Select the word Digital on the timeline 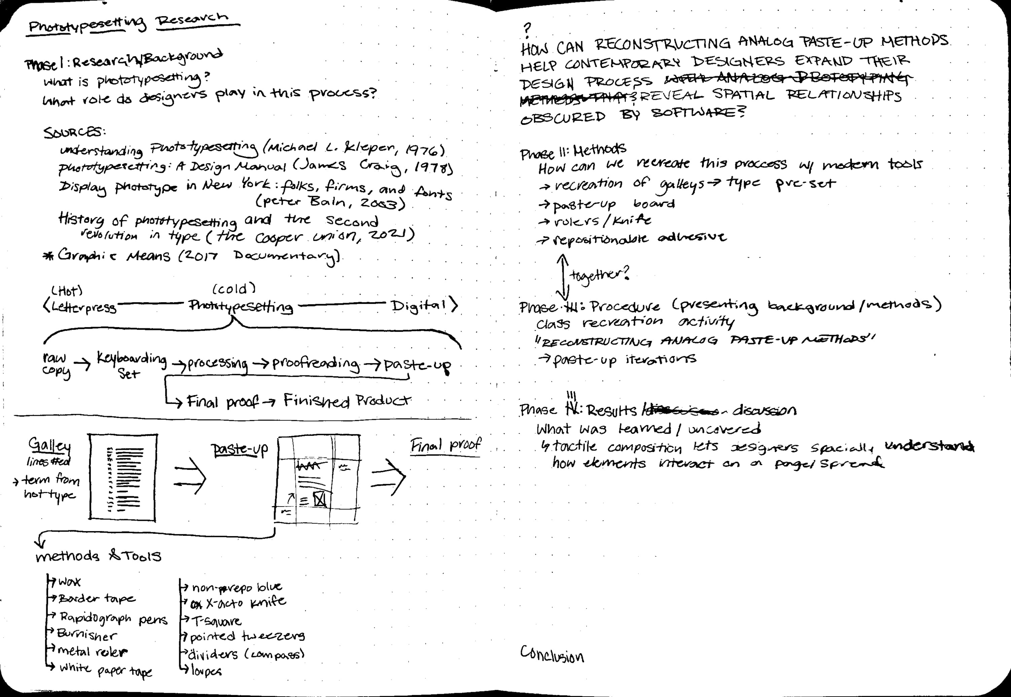tap(419, 305)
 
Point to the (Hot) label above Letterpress tap(67, 290)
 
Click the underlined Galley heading tap(49, 445)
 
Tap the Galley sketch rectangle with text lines tap(123, 477)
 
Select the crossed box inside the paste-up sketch tap(320, 499)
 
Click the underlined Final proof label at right tap(445, 445)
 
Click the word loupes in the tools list tap(206, 671)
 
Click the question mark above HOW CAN tap(527, 29)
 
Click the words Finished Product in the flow tap(347, 401)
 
